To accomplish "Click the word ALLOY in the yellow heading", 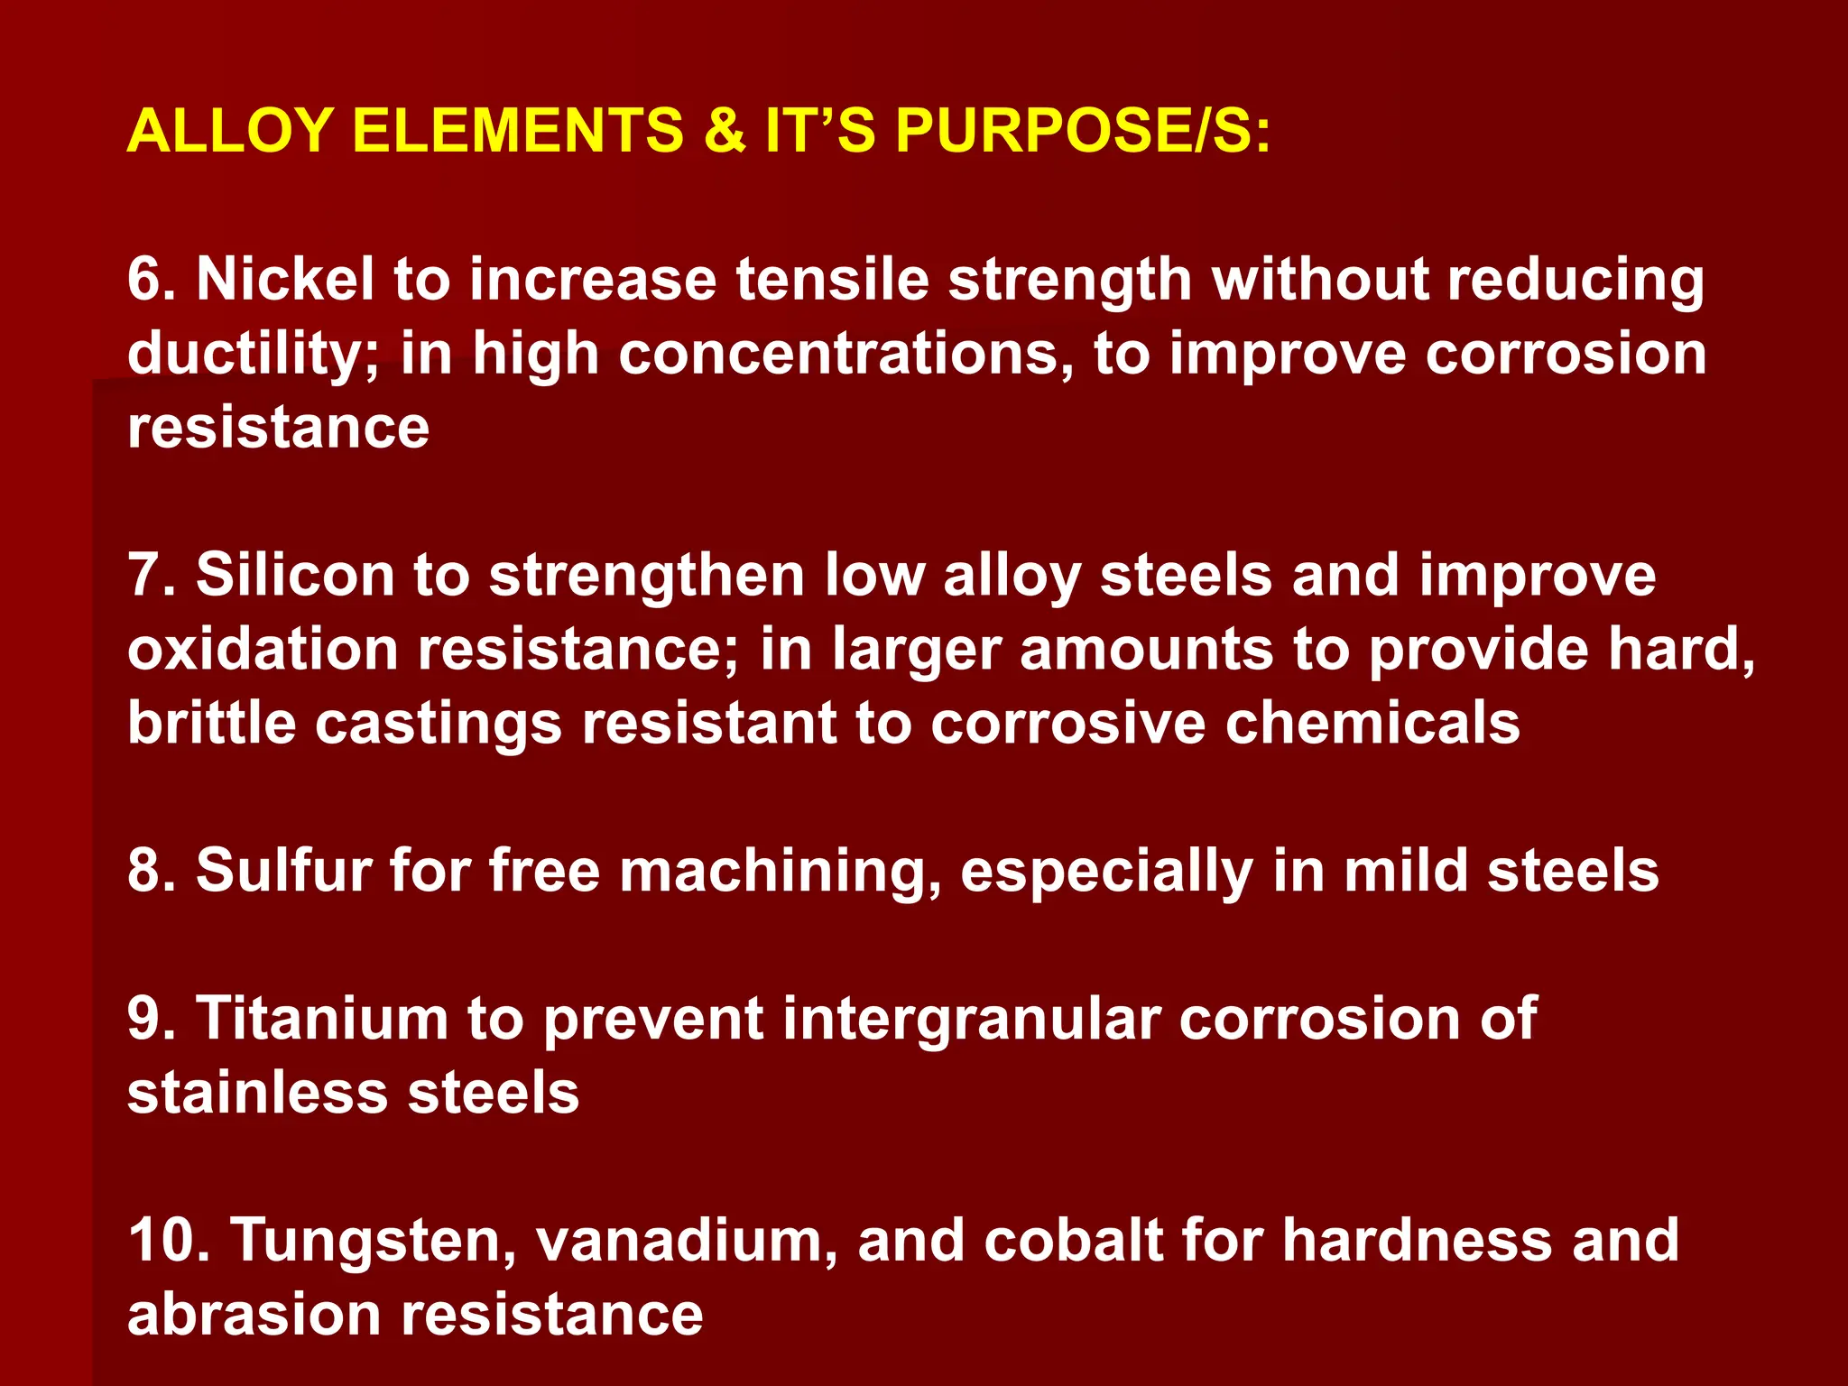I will pos(231,131).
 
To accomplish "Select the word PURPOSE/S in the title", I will pos(1083,131).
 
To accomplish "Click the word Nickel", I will pos(285,279).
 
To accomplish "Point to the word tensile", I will pos(832,279).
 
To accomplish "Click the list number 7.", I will pos(150,575).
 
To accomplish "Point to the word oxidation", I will pos(263,649).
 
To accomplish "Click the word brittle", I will pos(212,723).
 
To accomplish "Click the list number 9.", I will pos(150,1019).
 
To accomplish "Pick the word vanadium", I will pos(687,1240).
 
